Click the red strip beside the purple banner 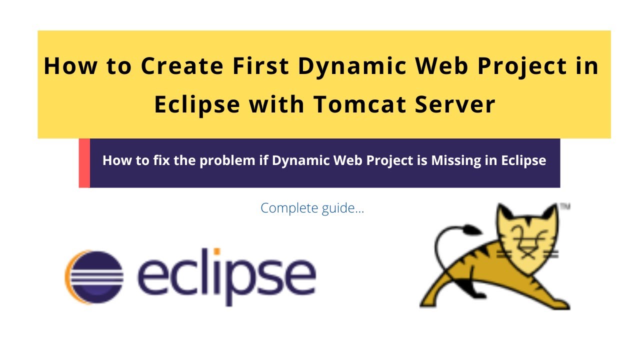click(x=84, y=163)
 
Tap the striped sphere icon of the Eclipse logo click(x=95, y=276)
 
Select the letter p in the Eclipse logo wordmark click(x=243, y=280)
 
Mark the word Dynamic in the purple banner click(x=297, y=160)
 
